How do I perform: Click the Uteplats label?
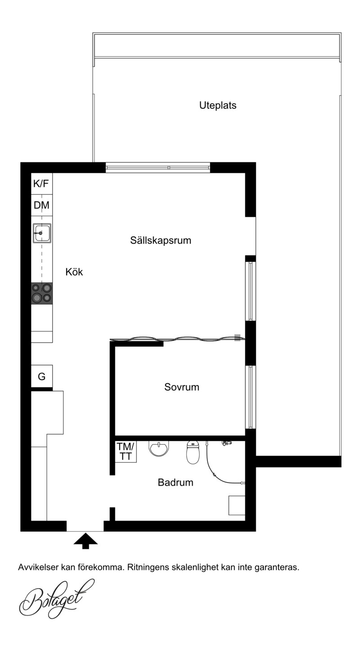(x=217, y=105)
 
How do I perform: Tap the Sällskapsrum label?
(x=161, y=241)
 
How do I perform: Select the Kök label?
(x=74, y=272)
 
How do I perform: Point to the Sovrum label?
(x=182, y=387)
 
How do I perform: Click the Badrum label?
(x=175, y=482)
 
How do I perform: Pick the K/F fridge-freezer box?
(x=42, y=183)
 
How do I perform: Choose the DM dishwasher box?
(x=42, y=205)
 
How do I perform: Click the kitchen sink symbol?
(x=42, y=233)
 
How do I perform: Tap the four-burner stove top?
(x=42, y=293)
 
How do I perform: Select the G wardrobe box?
(x=42, y=376)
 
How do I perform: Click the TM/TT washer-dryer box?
(x=126, y=451)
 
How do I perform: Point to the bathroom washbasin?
(x=159, y=449)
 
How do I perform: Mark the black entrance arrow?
(x=85, y=541)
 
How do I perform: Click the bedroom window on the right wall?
(x=250, y=397)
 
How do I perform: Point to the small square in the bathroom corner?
(x=237, y=505)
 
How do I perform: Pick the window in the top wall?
(x=157, y=168)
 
